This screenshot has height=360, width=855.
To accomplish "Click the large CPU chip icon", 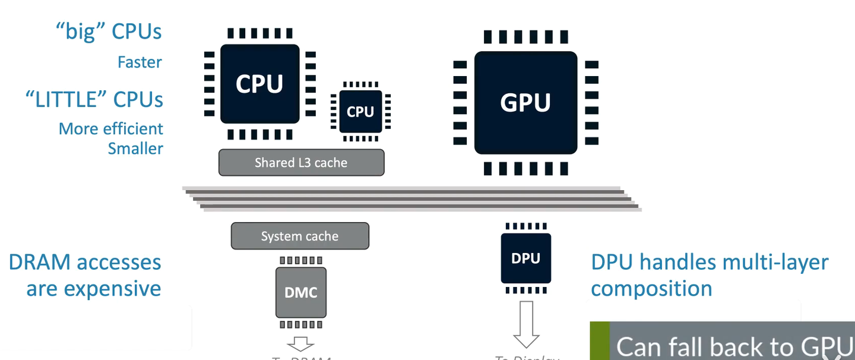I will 259,84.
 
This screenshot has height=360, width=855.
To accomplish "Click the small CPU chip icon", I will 360,111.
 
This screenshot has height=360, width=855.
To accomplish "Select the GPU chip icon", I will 525,102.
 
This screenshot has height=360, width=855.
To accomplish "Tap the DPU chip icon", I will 525,258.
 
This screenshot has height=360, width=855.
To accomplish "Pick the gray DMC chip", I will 300,292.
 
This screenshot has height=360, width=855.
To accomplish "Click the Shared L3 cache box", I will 301,162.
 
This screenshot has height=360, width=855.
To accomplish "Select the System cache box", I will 300,236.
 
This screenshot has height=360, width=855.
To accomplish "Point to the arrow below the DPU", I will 525,324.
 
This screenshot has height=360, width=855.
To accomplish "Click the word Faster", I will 140,62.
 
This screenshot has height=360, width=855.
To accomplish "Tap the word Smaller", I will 135,148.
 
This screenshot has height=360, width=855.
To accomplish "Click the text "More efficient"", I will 110,129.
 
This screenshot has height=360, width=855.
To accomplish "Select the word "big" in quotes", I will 80,31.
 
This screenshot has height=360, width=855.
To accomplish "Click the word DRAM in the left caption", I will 46,262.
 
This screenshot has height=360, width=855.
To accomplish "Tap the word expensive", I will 112,289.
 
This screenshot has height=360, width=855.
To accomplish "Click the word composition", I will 651,289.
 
